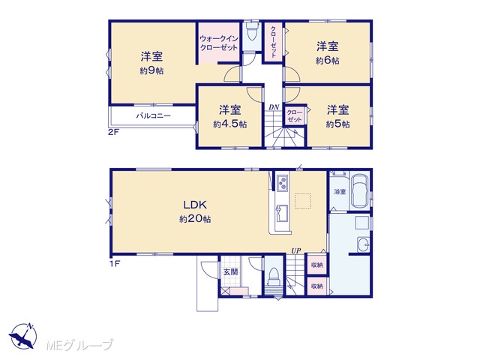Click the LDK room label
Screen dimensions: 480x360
[x=195, y=205]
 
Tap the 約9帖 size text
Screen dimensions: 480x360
[x=151, y=71]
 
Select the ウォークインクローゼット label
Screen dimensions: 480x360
[x=218, y=43]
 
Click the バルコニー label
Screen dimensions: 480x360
[x=153, y=116]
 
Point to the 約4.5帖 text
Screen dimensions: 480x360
[x=230, y=124]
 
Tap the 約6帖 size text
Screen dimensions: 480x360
[x=328, y=61]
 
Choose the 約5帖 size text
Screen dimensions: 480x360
[x=337, y=124]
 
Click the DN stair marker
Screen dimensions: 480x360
[x=274, y=107]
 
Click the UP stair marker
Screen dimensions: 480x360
[x=295, y=251]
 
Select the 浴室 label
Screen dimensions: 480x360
[x=340, y=192]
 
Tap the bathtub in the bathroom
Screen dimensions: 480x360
[x=360, y=191]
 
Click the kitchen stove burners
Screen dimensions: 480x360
[x=282, y=183]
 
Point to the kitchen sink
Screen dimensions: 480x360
[x=282, y=213]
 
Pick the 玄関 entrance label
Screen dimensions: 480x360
[x=230, y=271]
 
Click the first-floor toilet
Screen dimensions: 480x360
[x=273, y=277]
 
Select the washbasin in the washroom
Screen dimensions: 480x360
[x=363, y=244]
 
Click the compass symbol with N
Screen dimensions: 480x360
[x=22, y=336]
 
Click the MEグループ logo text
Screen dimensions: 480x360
[x=79, y=345]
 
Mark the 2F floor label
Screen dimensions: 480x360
[x=113, y=133]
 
